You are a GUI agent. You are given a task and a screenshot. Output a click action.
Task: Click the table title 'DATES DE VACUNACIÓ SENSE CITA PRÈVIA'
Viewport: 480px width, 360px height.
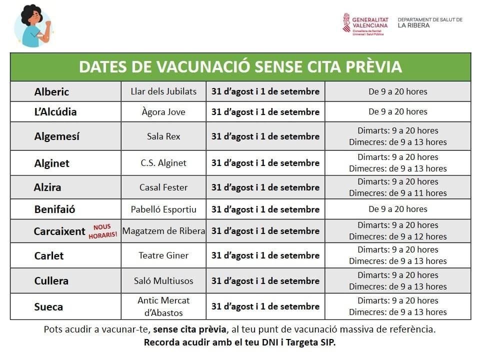coord(240,67)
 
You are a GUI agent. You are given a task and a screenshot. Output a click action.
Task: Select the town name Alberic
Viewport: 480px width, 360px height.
coord(51,92)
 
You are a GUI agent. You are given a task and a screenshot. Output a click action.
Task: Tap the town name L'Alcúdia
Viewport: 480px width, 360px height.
coord(55,112)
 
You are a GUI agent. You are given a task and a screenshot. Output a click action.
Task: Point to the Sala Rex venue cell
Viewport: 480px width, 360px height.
coord(163,136)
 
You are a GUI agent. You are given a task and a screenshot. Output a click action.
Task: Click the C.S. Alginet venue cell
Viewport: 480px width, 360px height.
coord(163,163)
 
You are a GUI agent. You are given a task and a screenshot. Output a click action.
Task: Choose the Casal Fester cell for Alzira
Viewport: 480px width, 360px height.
coord(163,187)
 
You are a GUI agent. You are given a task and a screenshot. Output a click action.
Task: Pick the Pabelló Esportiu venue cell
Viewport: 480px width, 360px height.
coord(163,209)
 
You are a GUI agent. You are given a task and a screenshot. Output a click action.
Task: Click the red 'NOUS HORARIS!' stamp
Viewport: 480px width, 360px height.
coord(102,231)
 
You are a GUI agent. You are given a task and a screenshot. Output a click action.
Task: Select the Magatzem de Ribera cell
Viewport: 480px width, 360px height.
coord(163,231)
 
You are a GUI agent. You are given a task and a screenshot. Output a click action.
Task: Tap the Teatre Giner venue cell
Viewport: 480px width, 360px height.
coord(163,255)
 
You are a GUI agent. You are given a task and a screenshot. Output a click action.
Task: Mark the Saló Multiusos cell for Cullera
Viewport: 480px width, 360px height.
coord(163,281)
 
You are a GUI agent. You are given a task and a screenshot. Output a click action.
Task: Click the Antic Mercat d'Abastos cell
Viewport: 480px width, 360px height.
coord(163,306)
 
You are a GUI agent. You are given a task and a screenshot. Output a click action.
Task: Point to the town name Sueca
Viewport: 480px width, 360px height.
coord(48,306)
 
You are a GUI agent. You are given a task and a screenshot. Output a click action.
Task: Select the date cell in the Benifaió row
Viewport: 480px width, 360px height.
coord(265,209)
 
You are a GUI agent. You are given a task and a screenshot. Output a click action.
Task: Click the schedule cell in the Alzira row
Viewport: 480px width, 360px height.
coord(397,187)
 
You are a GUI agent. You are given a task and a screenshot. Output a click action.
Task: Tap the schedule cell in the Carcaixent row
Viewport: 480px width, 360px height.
coord(397,231)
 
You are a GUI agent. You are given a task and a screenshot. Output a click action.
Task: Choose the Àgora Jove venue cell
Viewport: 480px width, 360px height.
coord(163,112)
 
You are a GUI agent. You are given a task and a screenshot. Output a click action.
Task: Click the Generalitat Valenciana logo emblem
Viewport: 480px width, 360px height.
coord(346,22)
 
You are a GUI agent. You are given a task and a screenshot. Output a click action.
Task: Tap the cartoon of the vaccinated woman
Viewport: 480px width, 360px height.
coord(32,26)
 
